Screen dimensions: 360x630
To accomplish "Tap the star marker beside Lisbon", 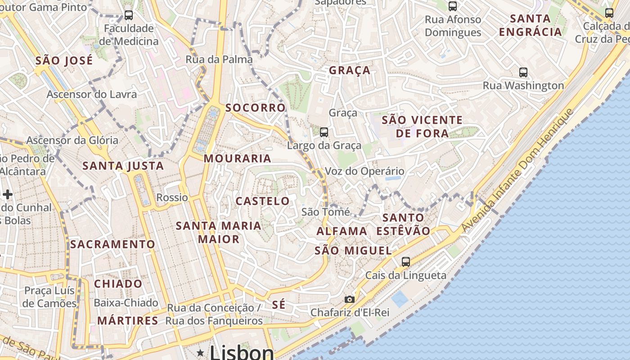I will (x=200, y=352).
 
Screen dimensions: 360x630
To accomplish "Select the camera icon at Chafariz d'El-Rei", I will (x=349, y=299).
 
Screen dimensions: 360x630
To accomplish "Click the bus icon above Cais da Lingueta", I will (x=406, y=261).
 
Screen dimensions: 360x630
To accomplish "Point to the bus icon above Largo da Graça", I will (x=324, y=132).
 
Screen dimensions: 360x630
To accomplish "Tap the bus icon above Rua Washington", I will (x=523, y=72).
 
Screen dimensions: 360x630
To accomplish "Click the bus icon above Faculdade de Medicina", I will (x=129, y=15).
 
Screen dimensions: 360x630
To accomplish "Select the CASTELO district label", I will (x=263, y=201).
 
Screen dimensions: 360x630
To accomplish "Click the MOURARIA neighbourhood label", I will (x=238, y=158).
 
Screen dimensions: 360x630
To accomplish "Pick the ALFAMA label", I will (x=342, y=231).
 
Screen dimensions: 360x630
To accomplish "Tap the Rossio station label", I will (x=172, y=198).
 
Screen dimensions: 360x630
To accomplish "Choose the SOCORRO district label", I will (x=256, y=108).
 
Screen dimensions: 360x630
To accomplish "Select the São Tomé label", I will (x=325, y=211).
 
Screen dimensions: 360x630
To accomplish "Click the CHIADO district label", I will (x=118, y=284).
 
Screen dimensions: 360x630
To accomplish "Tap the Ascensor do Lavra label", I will (x=92, y=94).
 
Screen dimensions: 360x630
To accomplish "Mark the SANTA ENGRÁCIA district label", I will (x=531, y=25).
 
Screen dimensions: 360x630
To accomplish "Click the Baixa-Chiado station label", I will (x=126, y=303).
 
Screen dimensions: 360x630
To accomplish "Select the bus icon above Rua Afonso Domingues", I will (x=453, y=6).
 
